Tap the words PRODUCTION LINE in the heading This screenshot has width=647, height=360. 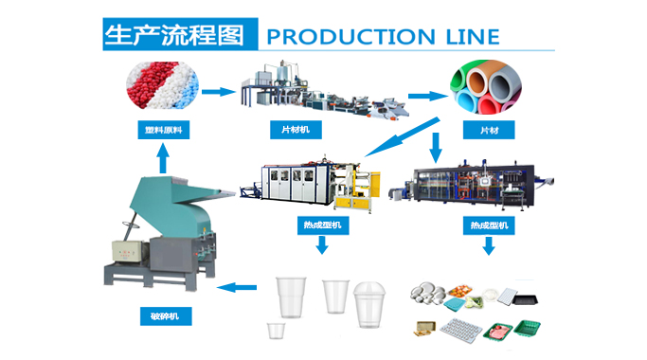pos(382,36)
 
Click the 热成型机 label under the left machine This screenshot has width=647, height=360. pos(321,226)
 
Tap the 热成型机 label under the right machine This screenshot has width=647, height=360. pos(489,226)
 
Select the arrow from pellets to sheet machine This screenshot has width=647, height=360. pos(217,92)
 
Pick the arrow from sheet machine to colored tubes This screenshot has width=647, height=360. pos(427,95)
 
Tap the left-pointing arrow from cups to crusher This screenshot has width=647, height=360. pos(236,285)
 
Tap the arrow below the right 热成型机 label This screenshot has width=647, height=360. pos(489,247)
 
